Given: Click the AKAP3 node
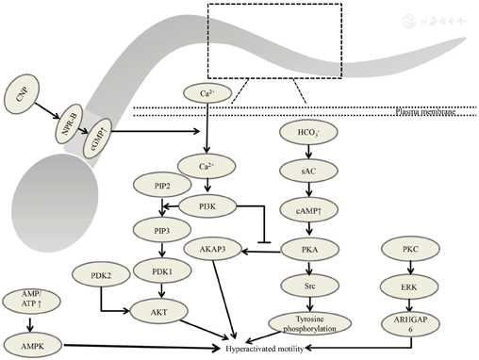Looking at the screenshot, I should point(215,250).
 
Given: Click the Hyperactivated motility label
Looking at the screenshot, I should point(282,349).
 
